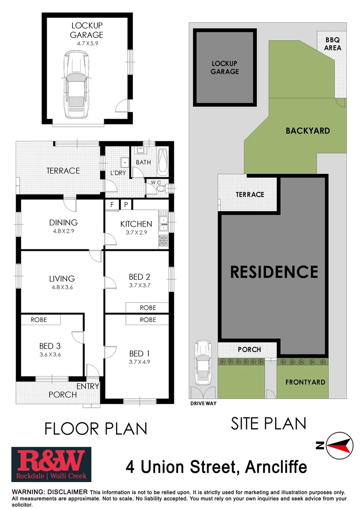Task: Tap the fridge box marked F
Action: [x=112, y=205]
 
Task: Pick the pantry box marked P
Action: [x=126, y=205]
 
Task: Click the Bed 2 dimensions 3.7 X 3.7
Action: [x=139, y=285]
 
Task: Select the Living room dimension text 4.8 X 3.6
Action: [x=62, y=287]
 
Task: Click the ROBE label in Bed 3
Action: [x=39, y=320]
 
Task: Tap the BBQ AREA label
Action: [x=333, y=44]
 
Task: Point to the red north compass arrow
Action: [x=341, y=444]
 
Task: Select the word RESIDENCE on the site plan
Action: [x=274, y=271]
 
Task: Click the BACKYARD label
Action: [x=308, y=131]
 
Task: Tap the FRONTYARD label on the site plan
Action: [x=305, y=382]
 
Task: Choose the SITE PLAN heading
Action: [x=268, y=423]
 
